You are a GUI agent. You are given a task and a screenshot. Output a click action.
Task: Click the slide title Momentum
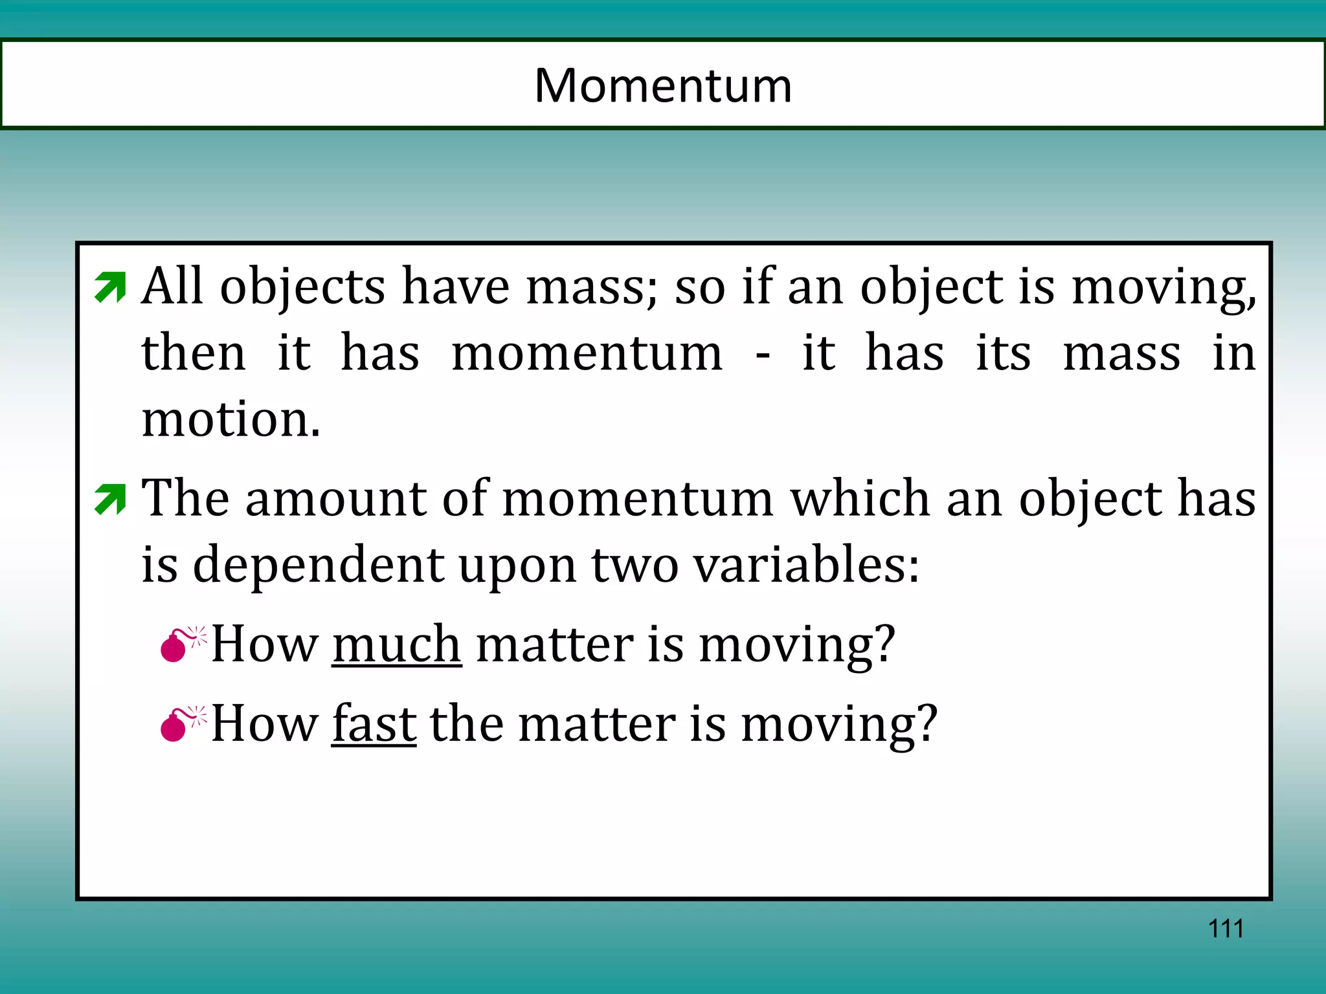(x=663, y=85)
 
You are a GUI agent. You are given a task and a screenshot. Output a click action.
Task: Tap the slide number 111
(x=1226, y=929)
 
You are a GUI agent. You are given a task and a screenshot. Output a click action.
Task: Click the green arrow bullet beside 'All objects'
(x=110, y=287)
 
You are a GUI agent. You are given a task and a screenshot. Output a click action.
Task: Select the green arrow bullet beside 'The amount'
(x=110, y=500)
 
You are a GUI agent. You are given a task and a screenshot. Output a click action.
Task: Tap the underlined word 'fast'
(x=374, y=724)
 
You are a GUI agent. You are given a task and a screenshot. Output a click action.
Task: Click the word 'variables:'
(x=806, y=565)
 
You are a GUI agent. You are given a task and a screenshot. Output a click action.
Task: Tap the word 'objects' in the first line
(x=302, y=287)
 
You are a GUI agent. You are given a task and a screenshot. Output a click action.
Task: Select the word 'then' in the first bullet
(x=194, y=353)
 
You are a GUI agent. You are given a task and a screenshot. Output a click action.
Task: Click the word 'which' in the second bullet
(x=860, y=499)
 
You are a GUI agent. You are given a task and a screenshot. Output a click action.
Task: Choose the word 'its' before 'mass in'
(x=1003, y=353)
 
